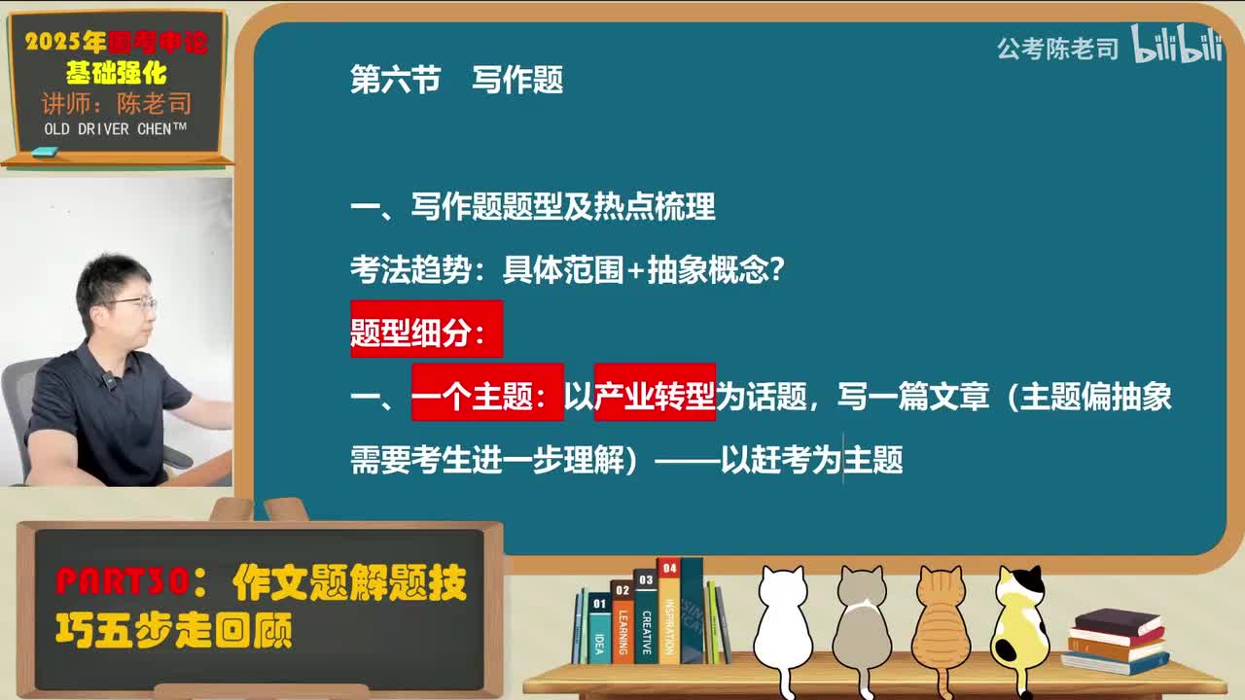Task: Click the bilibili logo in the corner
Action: tap(1177, 45)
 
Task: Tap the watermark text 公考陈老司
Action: tap(1057, 49)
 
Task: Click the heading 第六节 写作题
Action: tap(456, 80)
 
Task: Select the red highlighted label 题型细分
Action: tap(426, 331)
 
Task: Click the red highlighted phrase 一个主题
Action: tap(486, 397)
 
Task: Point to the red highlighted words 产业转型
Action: tap(655, 397)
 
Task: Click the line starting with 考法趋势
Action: tap(567, 270)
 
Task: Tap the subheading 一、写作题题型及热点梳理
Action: tap(532, 206)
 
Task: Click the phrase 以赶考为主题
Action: tap(811, 459)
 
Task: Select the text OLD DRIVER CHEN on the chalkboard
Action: tap(115, 129)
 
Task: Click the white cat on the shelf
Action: tap(783, 622)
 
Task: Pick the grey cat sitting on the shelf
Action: tap(861, 622)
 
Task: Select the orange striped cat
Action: tap(940, 622)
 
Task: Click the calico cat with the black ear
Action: tap(1018, 622)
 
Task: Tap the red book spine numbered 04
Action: tap(669, 611)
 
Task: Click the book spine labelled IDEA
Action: tap(600, 630)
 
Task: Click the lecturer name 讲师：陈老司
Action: tap(116, 103)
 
